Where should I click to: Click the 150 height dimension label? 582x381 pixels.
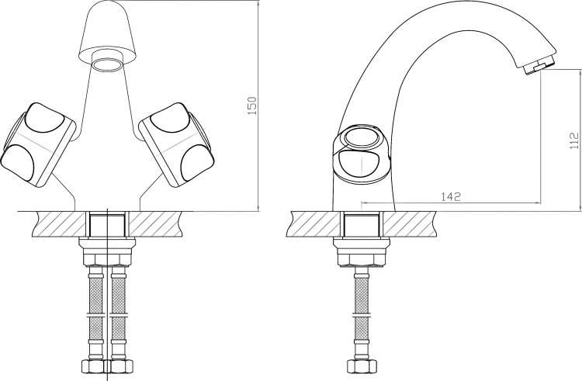[x=252, y=106]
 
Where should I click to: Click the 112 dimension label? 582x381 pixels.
[x=574, y=140]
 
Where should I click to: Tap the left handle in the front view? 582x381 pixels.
[x=38, y=144]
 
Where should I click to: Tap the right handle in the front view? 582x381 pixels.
[x=177, y=144]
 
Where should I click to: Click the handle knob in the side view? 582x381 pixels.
[x=361, y=154]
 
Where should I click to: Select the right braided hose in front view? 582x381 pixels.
[x=119, y=313]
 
